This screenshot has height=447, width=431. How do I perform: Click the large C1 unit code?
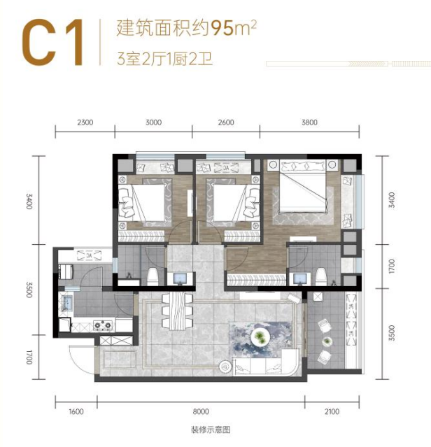(53, 42)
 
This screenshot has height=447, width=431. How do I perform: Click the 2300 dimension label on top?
(85, 122)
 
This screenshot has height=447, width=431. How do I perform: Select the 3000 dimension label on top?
(153, 122)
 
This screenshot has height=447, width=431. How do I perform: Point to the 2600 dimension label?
(226, 122)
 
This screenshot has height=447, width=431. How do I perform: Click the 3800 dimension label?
(309, 122)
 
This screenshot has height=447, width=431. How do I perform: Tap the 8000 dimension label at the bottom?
(201, 411)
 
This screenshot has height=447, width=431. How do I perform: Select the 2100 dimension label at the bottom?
(332, 411)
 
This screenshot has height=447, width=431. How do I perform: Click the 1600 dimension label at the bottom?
(76, 411)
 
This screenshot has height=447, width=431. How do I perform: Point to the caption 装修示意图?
(211, 430)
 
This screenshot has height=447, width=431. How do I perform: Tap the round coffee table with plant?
(260, 337)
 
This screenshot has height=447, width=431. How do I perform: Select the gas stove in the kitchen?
(103, 325)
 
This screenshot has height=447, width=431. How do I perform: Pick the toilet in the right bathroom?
(320, 276)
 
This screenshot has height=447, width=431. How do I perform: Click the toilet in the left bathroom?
(153, 277)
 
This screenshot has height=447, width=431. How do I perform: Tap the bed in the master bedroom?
(303, 187)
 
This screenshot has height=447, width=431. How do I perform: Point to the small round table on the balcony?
(327, 341)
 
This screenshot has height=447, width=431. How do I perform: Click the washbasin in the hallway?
(180, 278)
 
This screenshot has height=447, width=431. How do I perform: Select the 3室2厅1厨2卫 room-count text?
(164, 59)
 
